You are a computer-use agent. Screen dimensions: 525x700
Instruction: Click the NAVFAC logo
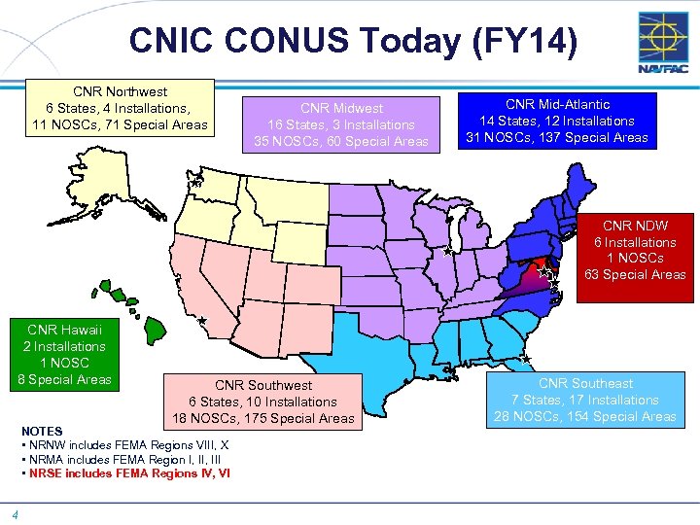pyautogui.click(x=663, y=44)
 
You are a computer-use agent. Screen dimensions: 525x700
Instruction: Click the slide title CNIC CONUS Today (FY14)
pyautogui.click(x=353, y=41)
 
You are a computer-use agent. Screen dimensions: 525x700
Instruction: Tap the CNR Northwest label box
pyautogui.click(x=121, y=108)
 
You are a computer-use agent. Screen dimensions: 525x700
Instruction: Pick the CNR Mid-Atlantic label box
pyautogui.click(x=557, y=121)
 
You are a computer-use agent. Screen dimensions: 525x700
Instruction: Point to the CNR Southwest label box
pyautogui.click(x=263, y=402)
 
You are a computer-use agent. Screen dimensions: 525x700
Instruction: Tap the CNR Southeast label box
pyautogui.click(x=585, y=400)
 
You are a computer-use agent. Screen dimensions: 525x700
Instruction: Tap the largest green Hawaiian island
pyautogui.click(x=156, y=330)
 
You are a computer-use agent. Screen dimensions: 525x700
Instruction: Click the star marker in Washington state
pyautogui.click(x=195, y=182)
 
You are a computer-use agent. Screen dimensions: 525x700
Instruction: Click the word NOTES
pyautogui.click(x=41, y=431)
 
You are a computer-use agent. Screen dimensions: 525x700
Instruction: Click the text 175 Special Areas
pyautogui.click(x=305, y=418)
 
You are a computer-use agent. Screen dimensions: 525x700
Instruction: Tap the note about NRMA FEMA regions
pyautogui.click(x=123, y=459)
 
